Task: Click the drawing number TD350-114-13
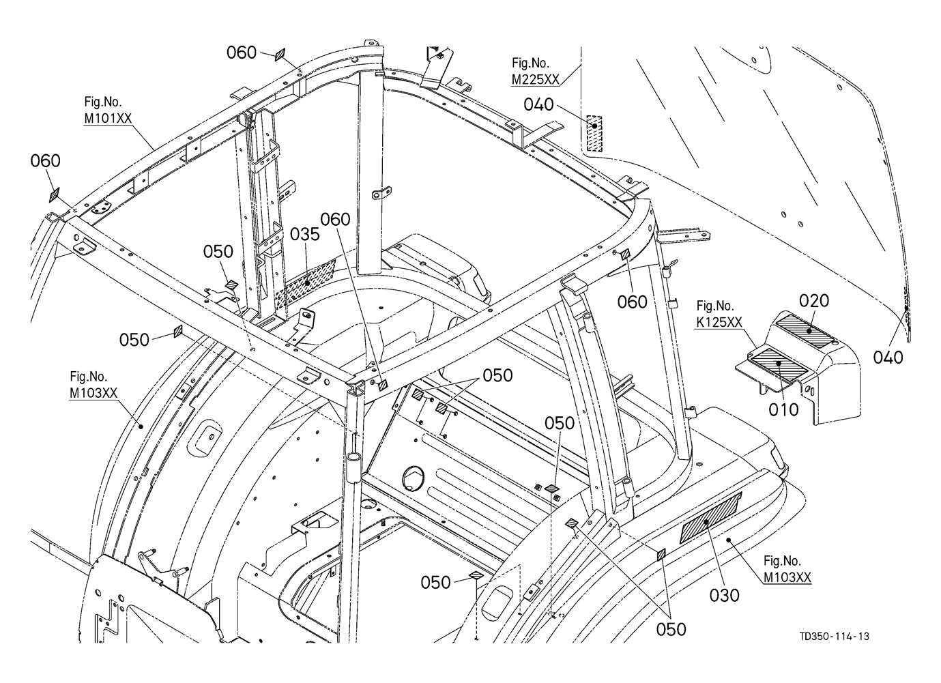[x=834, y=637]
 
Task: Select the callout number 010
[x=783, y=409]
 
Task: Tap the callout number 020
[x=813, y=301]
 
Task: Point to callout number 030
[x=724, y=595]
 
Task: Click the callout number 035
[x=305, y=235]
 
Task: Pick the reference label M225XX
[x=535, y=79]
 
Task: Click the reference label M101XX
[x=108, y=119]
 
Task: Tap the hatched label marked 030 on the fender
[x=711, y=517]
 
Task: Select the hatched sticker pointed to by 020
[x=804, y=330]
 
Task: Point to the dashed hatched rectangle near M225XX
[x=594, y=133]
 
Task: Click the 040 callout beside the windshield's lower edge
[x=888, y=358]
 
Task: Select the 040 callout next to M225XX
[x=538, y=104]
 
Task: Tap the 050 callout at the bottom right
[x=671, y=629]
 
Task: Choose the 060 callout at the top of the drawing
[x=242, y=53]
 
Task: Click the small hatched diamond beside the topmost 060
[x=280, y=55]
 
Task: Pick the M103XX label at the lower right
[x=787, y=577]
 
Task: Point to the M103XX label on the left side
[x=93, y=393]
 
